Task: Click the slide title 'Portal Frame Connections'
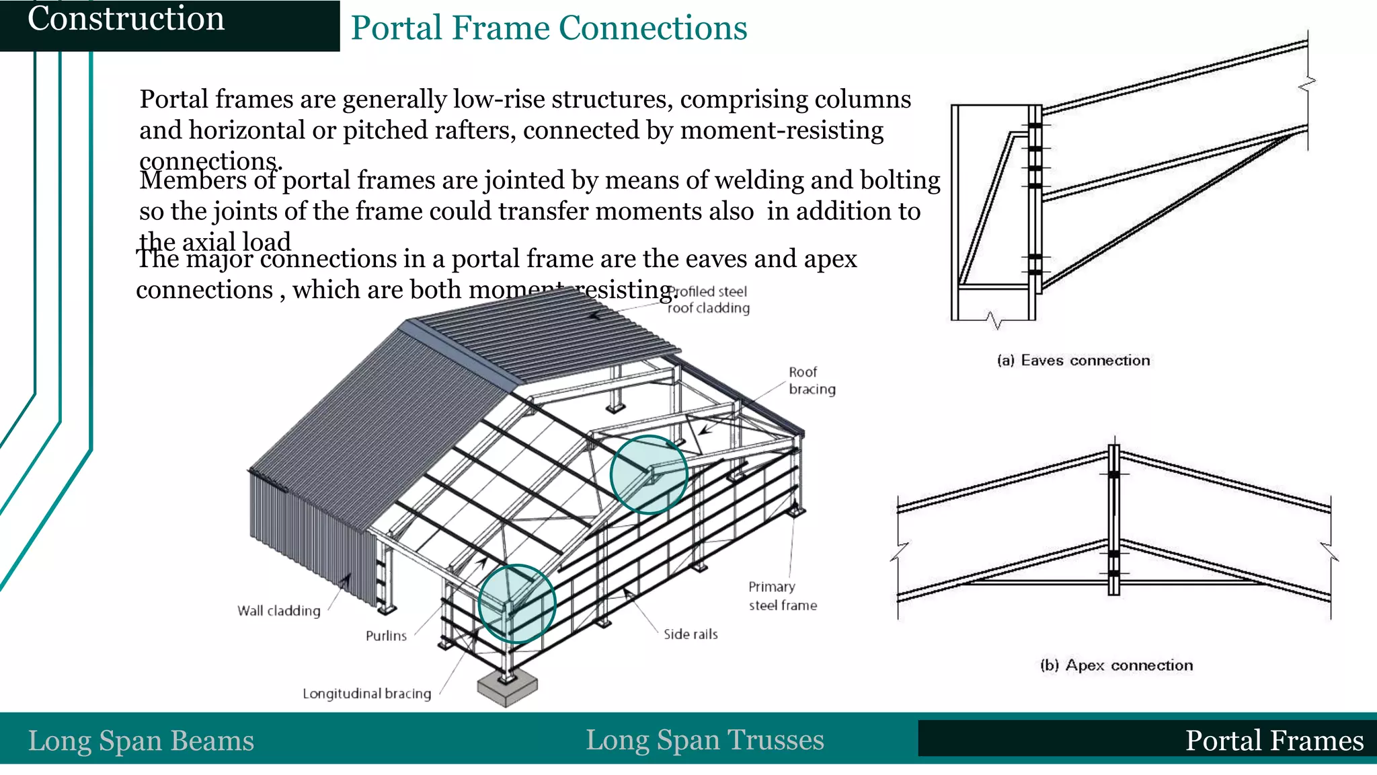tap(549, 28)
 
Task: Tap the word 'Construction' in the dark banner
tap(126, 18)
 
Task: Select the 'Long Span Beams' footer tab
tap(141, 741)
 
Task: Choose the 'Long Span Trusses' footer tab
tap(705, 740)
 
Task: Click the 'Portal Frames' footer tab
tap(1274, 741)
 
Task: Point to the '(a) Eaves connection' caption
tap(1073, 361)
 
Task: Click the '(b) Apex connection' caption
tap(1116, 665)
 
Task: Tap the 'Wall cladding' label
tap(278, 611)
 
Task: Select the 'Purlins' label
tap(386, 636)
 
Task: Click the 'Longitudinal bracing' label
tap(366, 694)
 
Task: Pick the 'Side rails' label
tap(691, 634)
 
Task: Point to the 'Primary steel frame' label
tap(783, 596)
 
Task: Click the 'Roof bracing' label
tap(812, 380)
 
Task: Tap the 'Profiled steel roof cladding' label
tap(709, 300)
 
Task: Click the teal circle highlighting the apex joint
tap(649, 475)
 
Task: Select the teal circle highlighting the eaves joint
tap(516, 603)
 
